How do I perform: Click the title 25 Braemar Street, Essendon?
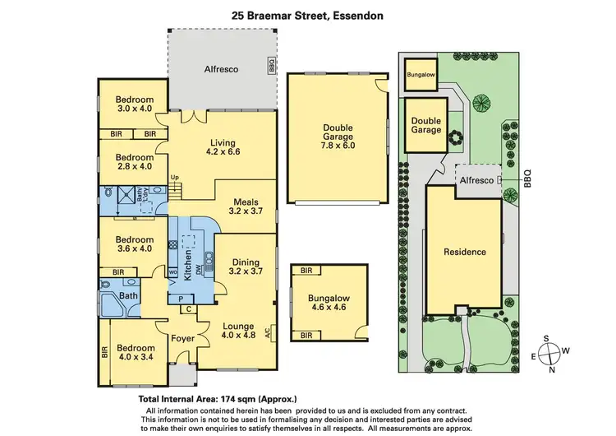(308, 15)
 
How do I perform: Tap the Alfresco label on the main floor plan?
(221, 70)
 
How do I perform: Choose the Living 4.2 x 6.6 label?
(221, 146)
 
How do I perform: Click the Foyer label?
(181, 338)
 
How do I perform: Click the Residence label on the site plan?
(465, 252)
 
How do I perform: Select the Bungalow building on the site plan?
(421, 76)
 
